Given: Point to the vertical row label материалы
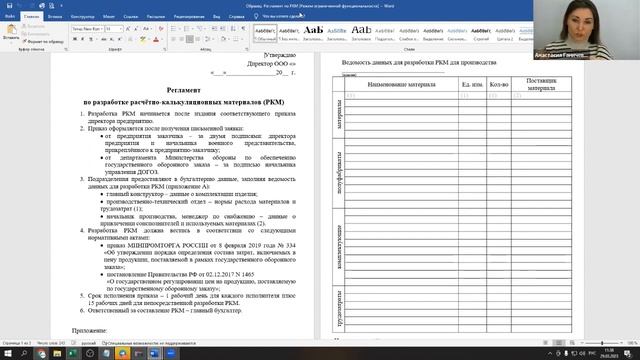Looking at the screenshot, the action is click(339, 120).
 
